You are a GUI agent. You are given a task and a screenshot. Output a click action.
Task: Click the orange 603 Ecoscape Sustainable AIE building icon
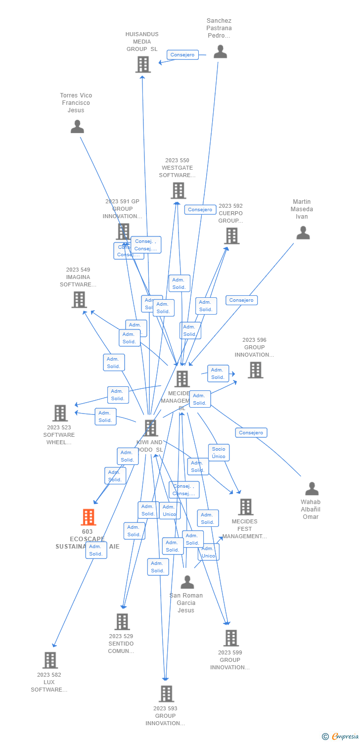click(x=89, y=517)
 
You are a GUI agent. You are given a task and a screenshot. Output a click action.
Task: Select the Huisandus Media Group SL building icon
click(x=143, y=64)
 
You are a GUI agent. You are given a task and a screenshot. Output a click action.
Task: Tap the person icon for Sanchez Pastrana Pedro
click(x=220, y=51)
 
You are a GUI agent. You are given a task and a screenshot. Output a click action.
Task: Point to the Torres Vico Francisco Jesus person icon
click(x=77, y=127)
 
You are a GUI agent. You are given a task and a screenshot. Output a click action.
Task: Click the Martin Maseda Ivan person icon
click(x=303, y=232)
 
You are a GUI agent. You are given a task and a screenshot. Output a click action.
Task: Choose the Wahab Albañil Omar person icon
click(x=312, y=489)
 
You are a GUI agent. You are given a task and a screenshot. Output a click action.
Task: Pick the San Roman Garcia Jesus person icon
click(x=187, y=582)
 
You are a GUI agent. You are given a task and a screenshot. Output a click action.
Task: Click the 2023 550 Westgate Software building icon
click(x=178, y=190)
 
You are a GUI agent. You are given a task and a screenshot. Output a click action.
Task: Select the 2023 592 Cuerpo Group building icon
click(x=232, y=236)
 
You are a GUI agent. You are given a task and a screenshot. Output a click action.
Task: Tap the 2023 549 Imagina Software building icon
click(x=79, y=300)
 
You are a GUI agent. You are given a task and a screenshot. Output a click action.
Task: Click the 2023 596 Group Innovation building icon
click(x=255, y=370)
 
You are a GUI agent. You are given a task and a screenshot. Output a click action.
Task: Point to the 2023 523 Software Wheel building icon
click(x=60, y=413)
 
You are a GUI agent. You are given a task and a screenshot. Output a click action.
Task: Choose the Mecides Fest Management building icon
click(x=245, y=507)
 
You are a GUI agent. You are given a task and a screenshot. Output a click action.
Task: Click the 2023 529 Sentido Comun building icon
click(x=122, y=622)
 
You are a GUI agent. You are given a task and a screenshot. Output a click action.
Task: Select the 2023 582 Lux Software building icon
click(x=50, y=660)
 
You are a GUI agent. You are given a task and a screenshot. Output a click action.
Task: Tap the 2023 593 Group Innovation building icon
click(x=166, y=694)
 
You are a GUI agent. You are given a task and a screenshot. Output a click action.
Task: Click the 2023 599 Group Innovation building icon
click(x=230, y=638)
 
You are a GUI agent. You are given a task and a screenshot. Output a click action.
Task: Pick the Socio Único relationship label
click(x=219, y=453)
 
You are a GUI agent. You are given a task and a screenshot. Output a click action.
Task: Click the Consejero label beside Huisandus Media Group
click(x=182, y=55)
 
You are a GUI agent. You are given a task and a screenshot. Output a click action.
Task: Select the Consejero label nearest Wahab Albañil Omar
click(x=251, y=433)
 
